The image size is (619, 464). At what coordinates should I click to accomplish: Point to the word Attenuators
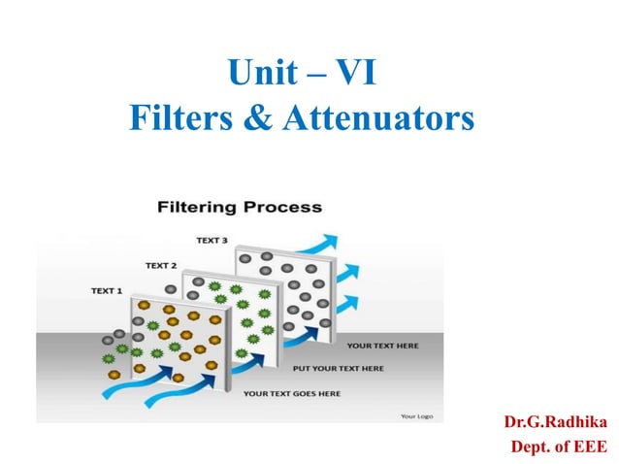click(378, 120)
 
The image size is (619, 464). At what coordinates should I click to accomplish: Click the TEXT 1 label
click(107, 290)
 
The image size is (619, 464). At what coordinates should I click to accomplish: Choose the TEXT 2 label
click(161, 265)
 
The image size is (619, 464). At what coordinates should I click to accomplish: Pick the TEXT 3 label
click(212, 240)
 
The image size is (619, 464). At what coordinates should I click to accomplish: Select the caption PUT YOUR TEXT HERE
click(338, 369)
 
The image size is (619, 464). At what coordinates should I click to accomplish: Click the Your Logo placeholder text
click(416, 415)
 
